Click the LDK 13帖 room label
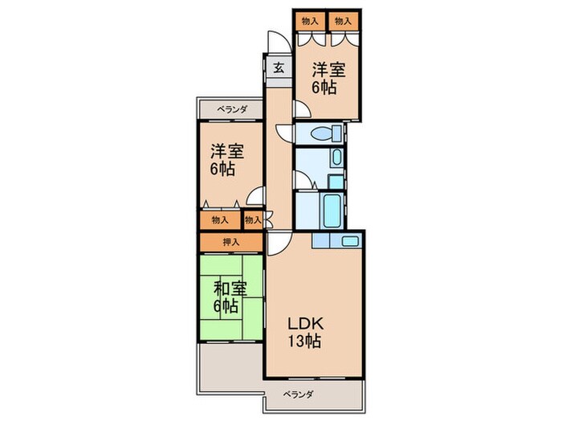click(x=305, y=332)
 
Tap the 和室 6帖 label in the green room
click(x=230, y=297)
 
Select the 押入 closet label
click(x=231, y=242)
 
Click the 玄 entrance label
click(x=279, y=68)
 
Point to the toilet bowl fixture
click(x=325, y=134)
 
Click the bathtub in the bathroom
click(x=332, y=211)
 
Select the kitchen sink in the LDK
click(x=350, y=241)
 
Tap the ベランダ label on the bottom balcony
click(x=299, y=395)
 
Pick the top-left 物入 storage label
click(x=310, y=22)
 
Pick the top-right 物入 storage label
click(x=343, y=22)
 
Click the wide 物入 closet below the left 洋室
click(x=220, y=220)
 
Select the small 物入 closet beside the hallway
click(x=253, y=220)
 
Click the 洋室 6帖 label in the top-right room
click(x=328, y=79)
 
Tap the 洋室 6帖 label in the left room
click(x=227, y=160)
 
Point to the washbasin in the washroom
click(x=337, y=158)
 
